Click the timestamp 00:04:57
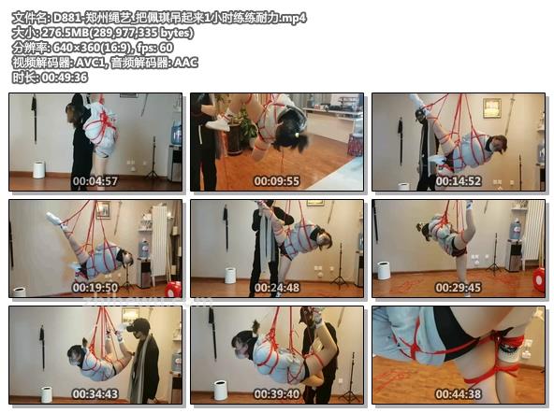[95, 181]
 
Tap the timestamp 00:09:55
[276, 181]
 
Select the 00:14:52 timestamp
[458, 181]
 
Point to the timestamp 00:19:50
[95, 288]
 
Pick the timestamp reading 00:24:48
[276, 288]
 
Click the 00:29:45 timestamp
[458, 288]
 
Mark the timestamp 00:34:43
[95, 394]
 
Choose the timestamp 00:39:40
[276, 394]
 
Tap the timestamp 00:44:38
[458, 394]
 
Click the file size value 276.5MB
[55, 33]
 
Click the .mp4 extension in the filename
[292, 18]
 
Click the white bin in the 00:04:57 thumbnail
[38, 170]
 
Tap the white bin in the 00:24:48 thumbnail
[230, 275]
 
